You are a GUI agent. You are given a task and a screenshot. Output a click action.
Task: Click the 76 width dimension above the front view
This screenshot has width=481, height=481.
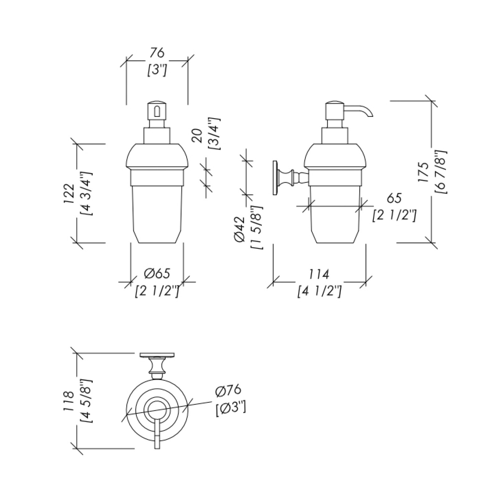tap(157, 53)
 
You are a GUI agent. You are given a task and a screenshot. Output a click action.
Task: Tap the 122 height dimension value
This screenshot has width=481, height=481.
tap(69, 193)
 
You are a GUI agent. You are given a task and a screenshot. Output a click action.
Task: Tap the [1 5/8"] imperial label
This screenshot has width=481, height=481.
tap(256, 227)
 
